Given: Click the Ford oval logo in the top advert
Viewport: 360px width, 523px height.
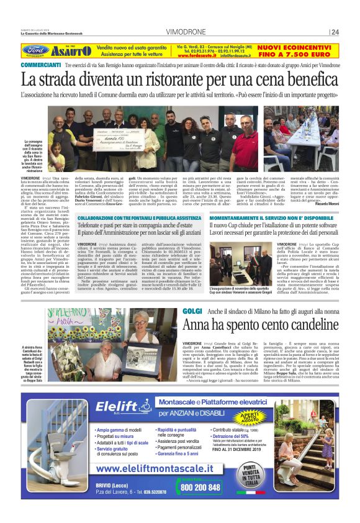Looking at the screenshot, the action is pos(36,50).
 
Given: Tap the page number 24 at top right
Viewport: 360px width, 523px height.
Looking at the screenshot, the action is pos(335,32).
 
